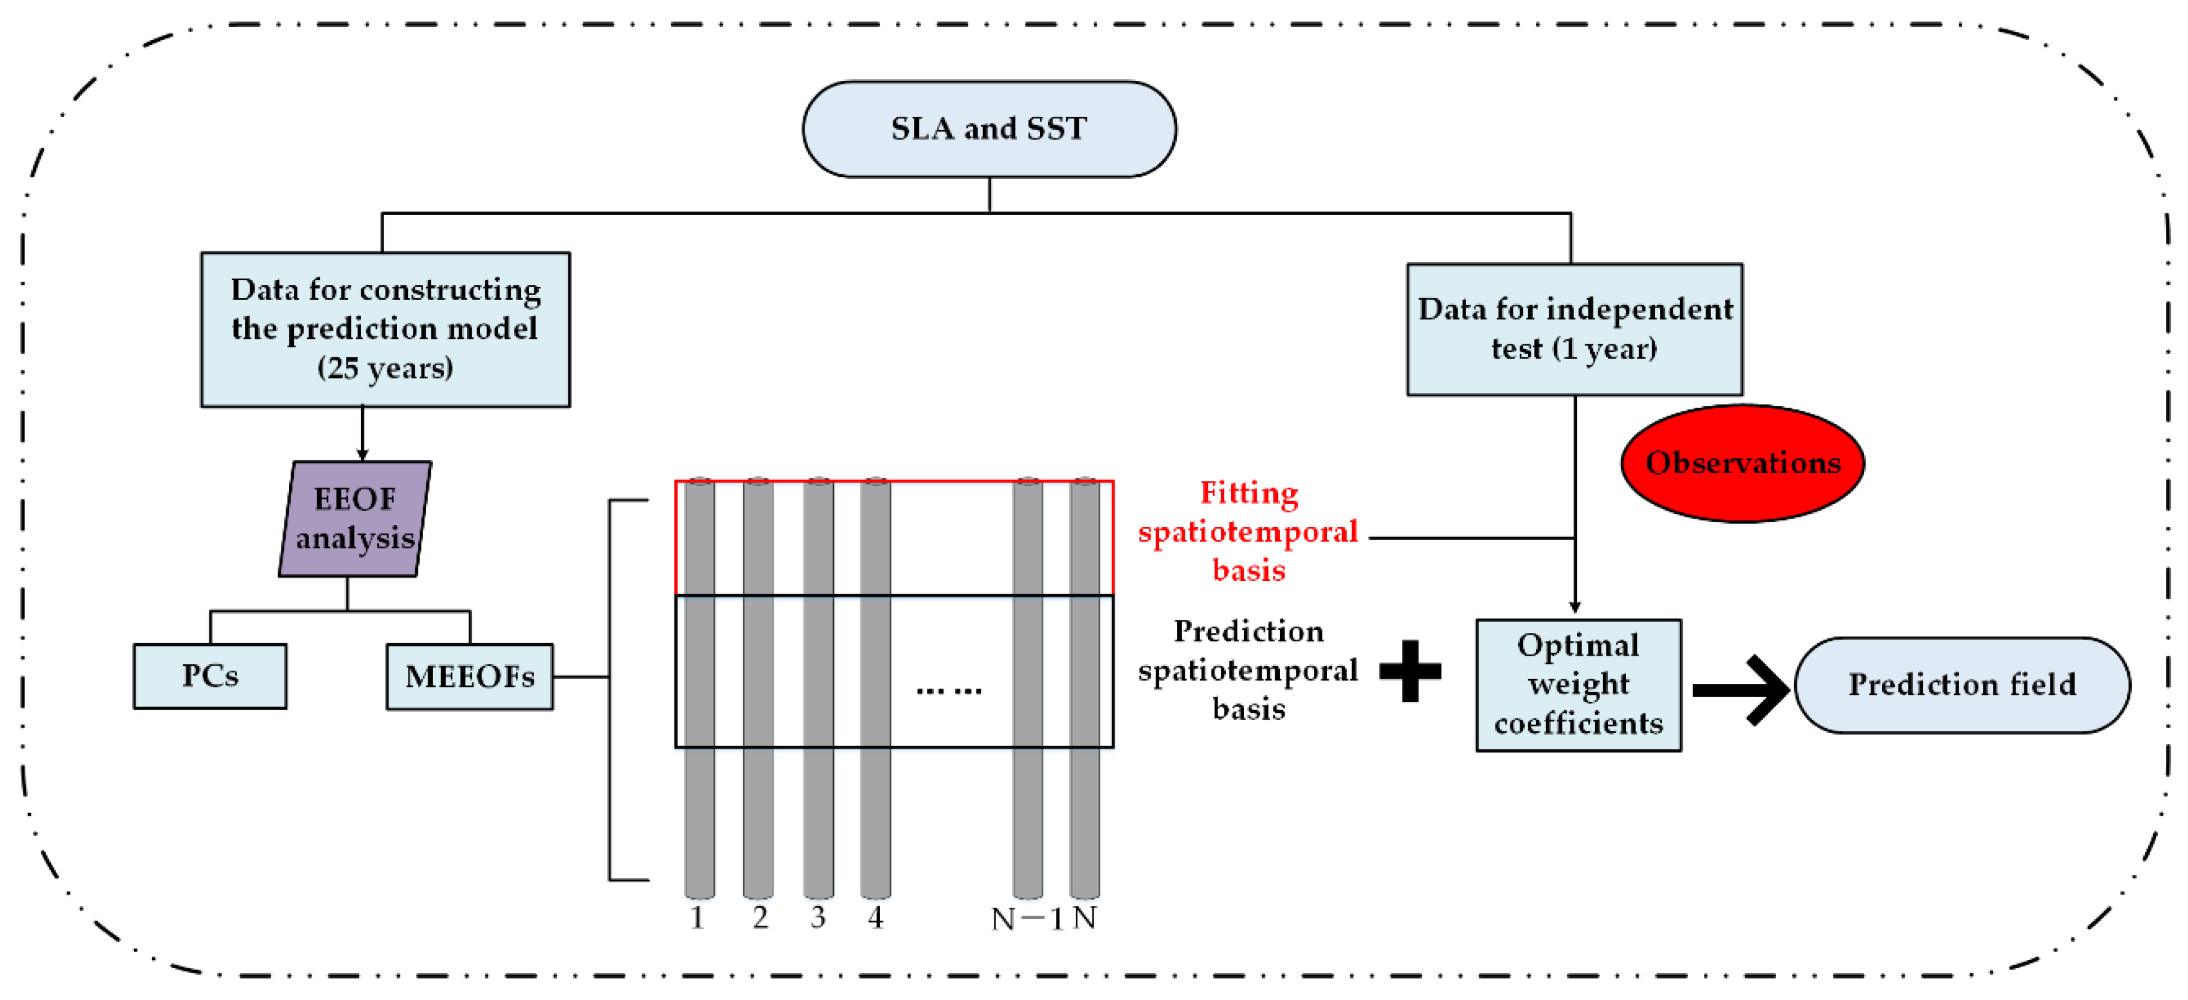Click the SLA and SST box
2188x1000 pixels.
tap(989, 129)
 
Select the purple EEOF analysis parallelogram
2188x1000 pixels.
tap(355, 519)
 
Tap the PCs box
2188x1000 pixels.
tap(210, 676)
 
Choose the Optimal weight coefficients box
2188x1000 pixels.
tap(1578, 685)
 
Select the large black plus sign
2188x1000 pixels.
tap(1410, 671)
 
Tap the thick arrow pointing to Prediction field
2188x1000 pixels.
tap(1741, 690)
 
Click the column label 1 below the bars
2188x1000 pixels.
tap(697, 917)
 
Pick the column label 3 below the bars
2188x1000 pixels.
tap(817, 917)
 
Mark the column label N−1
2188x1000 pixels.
tap(1026, 919)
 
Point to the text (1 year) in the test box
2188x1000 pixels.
tap(1604, 349)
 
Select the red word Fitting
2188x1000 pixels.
tap(1249, 493)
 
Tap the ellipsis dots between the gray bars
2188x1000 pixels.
tap(949, 690)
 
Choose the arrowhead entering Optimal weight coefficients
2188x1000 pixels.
tap(1575, 607)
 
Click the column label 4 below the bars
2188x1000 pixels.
tap(876, 917)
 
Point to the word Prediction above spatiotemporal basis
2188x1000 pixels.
tap(1249, 631)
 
